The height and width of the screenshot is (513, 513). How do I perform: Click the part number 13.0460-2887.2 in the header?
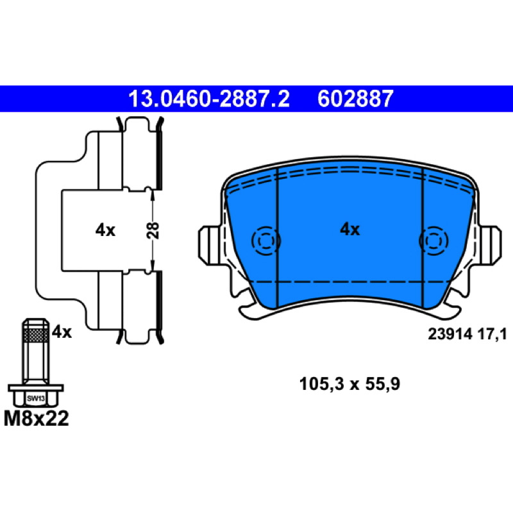tap(209, 99)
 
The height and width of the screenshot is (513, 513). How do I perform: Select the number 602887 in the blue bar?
tap(355, 99)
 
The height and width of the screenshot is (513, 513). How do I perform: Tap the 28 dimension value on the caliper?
tap(153, 230)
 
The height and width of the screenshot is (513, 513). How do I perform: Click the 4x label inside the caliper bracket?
tap(105, 230)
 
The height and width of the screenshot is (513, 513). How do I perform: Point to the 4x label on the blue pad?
tap(349, 230)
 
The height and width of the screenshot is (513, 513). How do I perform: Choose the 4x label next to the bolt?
tap(62, 332)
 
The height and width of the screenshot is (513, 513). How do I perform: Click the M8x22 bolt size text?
tap(37, 419)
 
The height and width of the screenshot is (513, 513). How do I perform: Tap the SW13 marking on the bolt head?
tap(36, 398)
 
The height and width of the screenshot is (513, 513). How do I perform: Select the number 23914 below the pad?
tap(450, 334)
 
